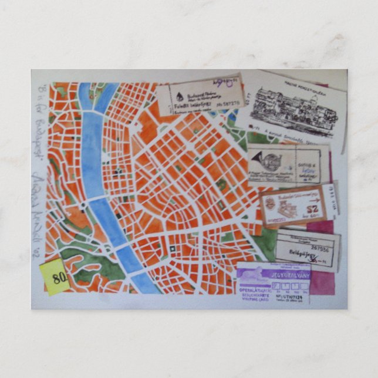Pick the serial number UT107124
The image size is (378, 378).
[x=284, y=297]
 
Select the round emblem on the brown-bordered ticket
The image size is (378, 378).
[x=270, y=204]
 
